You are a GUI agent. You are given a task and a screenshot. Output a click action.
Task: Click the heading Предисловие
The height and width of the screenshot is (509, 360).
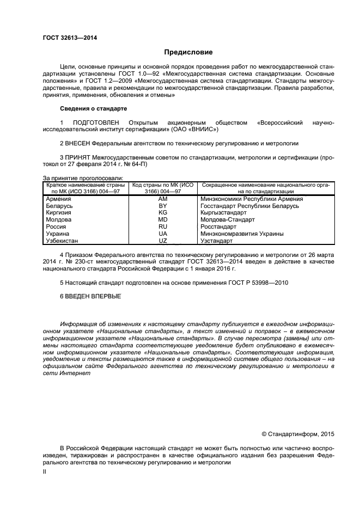click(188, 52)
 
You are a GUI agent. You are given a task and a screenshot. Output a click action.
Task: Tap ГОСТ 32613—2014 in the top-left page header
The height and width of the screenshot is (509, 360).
click(66, 38)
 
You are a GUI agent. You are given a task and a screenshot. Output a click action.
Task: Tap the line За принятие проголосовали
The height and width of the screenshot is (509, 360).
click(83, 177)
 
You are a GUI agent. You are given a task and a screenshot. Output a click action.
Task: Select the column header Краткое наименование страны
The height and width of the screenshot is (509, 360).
click(86, 185)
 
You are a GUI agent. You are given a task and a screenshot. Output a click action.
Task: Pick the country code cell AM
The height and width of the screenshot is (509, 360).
click(162, 199)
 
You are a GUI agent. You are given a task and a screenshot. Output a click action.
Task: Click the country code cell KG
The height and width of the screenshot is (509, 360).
click(162, 213)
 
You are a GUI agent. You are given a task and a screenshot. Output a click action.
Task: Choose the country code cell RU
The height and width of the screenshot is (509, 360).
click(162, 226)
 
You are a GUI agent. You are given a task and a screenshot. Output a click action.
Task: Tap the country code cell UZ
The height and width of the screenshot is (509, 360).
click(162, 240)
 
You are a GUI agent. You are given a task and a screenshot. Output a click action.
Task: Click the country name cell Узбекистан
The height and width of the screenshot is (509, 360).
click(63, 240)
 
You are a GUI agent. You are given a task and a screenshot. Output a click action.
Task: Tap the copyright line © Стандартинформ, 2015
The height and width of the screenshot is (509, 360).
click(297, 434)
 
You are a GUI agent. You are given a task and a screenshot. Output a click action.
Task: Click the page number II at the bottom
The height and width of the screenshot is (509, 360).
click(45, 472)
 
